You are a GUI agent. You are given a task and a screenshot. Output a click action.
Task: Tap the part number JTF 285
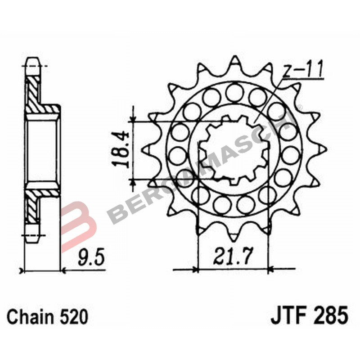click(309, 316)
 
